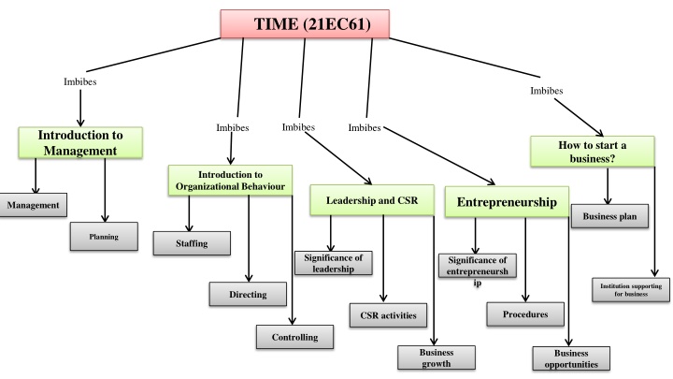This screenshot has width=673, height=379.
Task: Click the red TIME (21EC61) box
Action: tap(305, 24)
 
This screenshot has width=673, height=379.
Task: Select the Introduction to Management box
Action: tap(80, 142)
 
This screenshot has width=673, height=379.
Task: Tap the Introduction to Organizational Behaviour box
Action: tap(230, 181)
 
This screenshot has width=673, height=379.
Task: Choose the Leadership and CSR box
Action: tap(372, 200)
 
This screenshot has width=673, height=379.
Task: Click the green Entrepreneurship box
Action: tap(507, 202)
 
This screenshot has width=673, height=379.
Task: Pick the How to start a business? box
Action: tap(593, 152)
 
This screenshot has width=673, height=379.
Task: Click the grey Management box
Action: tap(33, 205)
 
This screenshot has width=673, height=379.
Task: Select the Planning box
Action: tap(104, 237)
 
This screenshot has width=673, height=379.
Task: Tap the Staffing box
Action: tap(192, 243)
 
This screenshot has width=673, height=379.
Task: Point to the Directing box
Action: tap(248, 295)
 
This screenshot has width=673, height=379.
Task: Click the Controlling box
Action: tap(294, 337)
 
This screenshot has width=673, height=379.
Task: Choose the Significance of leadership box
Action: tap(334, 263)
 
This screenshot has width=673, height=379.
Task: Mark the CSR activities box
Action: tap(389, 315)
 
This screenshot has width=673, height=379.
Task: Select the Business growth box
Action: tap(437, 357)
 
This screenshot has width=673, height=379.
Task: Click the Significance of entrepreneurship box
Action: tap(478, 266)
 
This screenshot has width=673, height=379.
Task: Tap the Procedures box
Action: tap(525, 314)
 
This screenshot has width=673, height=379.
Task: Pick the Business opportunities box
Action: tap(571, 358)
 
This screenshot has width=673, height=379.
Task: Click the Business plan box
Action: tap(609, 216)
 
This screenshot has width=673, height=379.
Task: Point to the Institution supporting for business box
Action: tap(631, 290)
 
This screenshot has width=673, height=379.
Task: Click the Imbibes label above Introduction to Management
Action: tap(80, 81)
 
